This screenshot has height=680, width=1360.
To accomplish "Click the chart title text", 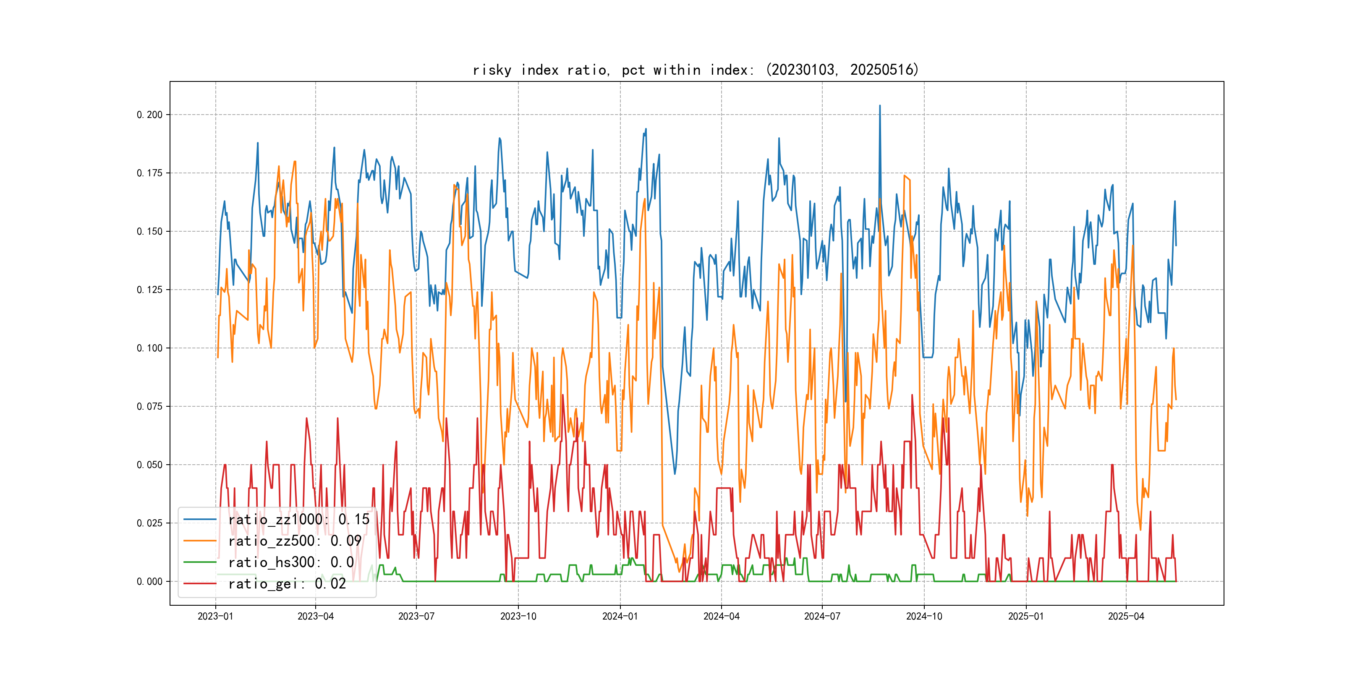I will (695, 70).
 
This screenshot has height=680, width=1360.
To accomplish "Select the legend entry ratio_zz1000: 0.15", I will (299, 520).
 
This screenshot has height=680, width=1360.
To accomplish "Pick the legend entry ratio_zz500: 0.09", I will (295, 541).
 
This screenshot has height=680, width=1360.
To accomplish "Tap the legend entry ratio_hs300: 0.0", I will (291, 562).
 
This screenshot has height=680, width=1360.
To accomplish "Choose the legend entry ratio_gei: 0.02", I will (287, 584).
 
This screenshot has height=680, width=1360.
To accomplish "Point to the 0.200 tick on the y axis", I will (150, 115).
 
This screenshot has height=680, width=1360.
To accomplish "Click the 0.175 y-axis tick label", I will (150, 173).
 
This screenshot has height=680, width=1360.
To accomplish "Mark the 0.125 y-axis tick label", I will (150, 290).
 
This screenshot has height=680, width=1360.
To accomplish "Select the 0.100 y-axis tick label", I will (150, 348).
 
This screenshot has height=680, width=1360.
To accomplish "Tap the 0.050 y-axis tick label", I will (150, 465).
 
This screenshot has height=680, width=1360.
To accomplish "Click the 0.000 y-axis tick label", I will (150, 581).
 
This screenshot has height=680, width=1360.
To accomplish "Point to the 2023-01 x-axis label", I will (215, 616).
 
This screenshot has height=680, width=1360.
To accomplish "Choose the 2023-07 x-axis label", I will (416, 616).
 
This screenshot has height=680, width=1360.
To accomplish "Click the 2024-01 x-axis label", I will (620, 616).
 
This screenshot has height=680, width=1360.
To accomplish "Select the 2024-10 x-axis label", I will (924, 616).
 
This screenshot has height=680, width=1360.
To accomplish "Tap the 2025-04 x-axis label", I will (1126, 616).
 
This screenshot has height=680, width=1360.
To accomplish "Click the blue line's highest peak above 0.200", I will (879, 106).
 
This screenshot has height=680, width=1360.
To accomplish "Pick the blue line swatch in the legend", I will (200, 520).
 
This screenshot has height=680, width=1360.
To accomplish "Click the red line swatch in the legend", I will (200, 584).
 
